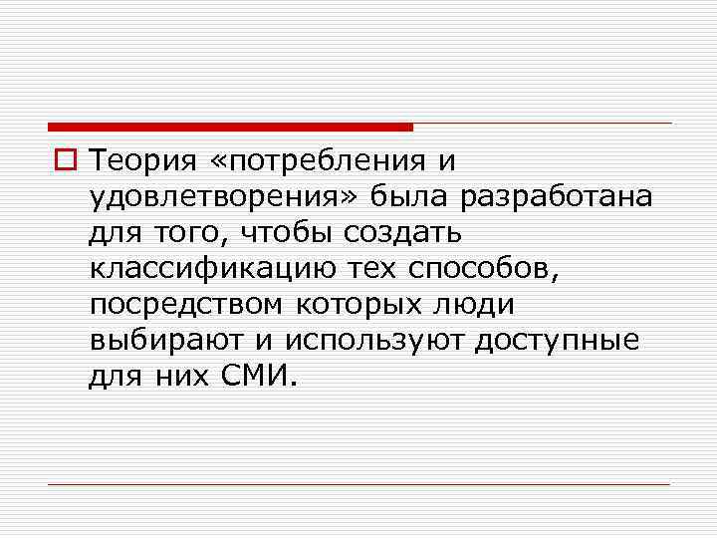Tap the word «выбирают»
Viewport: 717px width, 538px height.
click(165, 340)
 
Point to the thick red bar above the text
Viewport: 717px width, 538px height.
click(230, 127)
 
